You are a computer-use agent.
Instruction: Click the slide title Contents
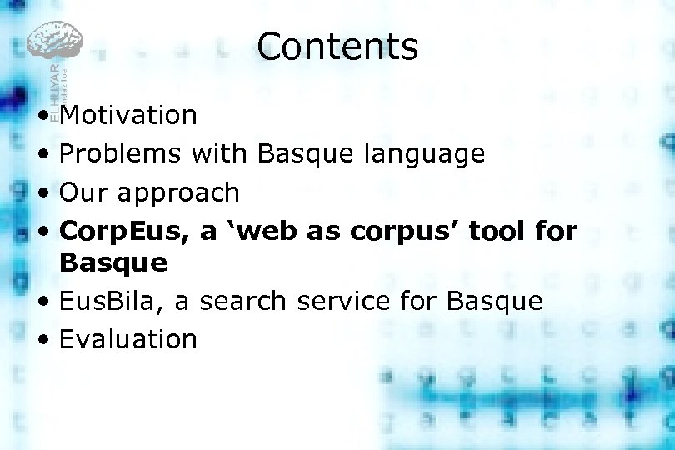337,47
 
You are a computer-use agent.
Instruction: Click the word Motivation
128,115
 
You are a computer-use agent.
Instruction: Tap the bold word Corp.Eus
125,232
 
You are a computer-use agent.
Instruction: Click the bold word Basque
113,263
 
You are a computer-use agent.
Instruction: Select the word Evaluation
128,339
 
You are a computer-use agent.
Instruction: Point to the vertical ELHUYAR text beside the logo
54,87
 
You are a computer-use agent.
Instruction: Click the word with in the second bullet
219,153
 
